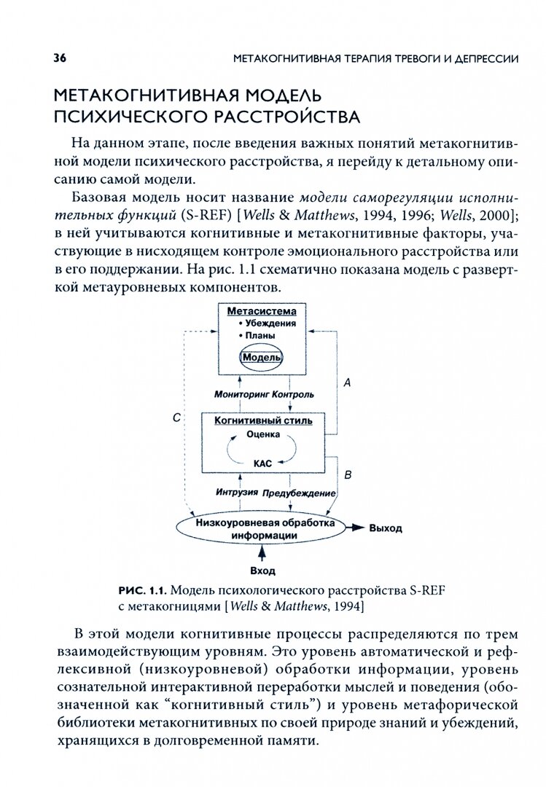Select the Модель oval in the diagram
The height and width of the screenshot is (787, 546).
262,358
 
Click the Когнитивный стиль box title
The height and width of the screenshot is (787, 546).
262,420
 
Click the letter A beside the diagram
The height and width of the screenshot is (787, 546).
347,382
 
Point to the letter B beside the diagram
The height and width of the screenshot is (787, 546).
348,475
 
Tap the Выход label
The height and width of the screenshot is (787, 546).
385,528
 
